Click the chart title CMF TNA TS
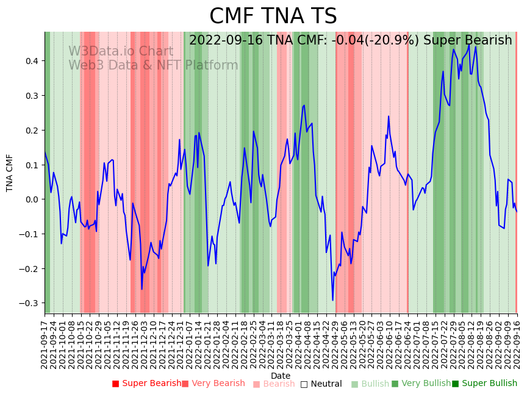[x=273, y=16]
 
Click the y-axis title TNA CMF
[x=10, y=173]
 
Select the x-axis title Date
[x=281, y=376]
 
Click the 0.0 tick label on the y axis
[x=31, y=199]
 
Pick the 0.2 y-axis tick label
[x=31, y=130]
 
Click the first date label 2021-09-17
[x=45, y=344]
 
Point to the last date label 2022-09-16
[x=517, y=344]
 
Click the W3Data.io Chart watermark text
[x=121, y=52]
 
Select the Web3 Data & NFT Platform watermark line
[x=153, y=65]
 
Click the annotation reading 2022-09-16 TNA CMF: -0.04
[x=350, y=40]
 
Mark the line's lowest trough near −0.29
[x=332, y=299]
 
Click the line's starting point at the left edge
[x=45, y=152]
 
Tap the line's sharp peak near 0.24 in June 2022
[x=389, y=116]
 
